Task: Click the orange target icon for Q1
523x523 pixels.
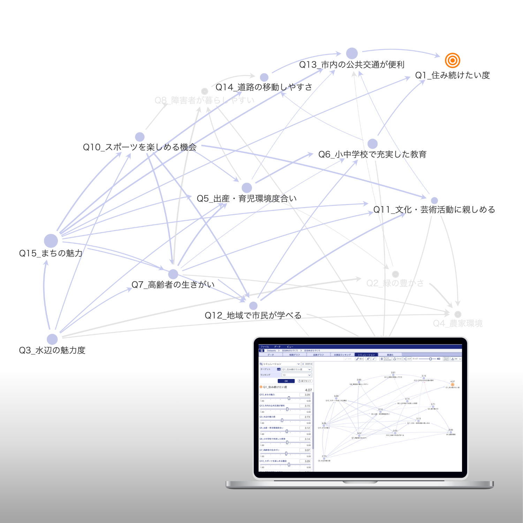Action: [452, 60]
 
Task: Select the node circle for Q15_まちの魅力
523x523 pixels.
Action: [51, 241]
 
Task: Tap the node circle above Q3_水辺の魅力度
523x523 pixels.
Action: [52, 339]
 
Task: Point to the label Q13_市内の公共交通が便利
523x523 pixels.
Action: [351, 65]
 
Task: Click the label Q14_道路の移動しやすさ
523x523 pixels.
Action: [264, 87]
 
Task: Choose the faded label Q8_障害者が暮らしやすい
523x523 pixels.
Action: [204, 100]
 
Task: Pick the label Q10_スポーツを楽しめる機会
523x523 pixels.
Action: [139, 147]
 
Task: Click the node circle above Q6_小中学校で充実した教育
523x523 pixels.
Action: [372, 144]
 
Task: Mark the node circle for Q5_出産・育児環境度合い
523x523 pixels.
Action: [247, 188]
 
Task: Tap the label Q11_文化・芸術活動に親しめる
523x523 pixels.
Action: [434, 210]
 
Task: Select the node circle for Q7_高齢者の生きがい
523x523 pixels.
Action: [173, 274]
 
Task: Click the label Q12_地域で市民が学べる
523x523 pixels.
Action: [253, 316]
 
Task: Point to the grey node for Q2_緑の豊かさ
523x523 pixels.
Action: [395, 274]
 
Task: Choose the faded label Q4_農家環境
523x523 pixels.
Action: [457, 324]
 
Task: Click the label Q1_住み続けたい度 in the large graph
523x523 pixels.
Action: [452, 75]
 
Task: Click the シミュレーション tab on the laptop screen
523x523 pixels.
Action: [366, 355]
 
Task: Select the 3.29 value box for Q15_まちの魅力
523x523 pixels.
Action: [305, 395]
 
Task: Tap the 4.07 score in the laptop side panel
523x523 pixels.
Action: [308, 390]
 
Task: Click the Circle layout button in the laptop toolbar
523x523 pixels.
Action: [397, 359]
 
